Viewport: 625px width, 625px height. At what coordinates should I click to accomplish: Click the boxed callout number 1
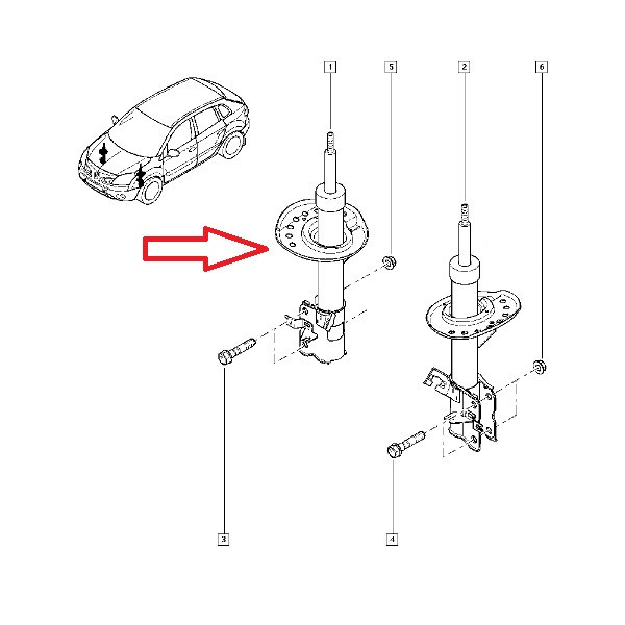(x=330, y=67)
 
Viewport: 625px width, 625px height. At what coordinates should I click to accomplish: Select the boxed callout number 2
(x=464, y=67)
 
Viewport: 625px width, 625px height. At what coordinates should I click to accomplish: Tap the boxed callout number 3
(x=223, y=540)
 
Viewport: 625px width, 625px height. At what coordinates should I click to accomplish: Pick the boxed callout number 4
(x=392, y=540)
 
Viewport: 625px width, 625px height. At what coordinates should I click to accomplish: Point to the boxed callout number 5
(x=391, y=67)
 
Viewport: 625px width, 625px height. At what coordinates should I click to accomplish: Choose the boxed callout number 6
(x=541, y=67)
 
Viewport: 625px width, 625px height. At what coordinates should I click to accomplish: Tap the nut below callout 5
(x=389, y=262)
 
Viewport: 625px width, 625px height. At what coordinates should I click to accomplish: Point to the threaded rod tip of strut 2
(x=465, y=213)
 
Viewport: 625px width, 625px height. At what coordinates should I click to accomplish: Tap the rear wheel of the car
(x=233, y=145)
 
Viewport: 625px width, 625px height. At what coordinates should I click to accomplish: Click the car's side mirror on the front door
(x=174, y=152)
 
